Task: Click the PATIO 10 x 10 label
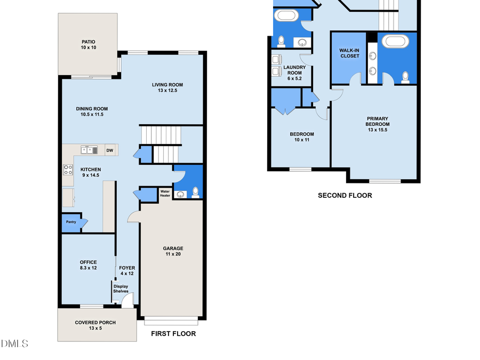point(88,44)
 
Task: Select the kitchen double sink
point(89,150)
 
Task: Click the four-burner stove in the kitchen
point(68,170)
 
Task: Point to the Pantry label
point(71,222)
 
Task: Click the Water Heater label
point(165,193)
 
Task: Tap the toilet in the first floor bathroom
point(195,192)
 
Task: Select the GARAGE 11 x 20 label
point(173,251)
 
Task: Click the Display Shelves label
point(121,289)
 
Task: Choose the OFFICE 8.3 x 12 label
point(88,265)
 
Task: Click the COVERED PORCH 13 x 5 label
point(95,325)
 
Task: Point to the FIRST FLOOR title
point(173,334)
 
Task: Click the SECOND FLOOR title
point(345,195)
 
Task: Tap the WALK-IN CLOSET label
point(349,53)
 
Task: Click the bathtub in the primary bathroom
point(395,41)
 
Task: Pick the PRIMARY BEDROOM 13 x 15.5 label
point(377,124)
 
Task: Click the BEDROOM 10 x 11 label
point(301,137)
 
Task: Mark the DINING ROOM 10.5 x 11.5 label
point(92,111)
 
